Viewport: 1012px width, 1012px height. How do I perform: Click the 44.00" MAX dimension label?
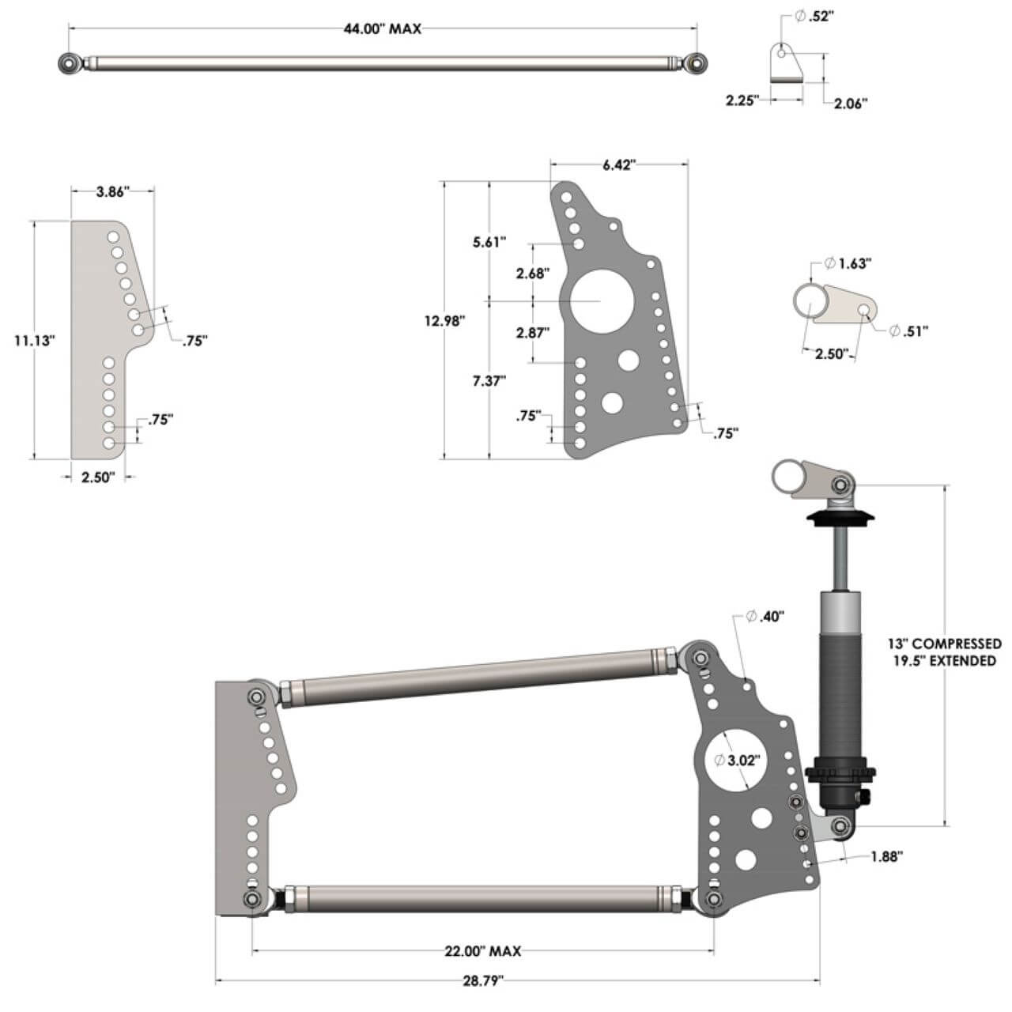point(382,29)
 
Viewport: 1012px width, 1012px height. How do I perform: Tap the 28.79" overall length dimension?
point(483,981)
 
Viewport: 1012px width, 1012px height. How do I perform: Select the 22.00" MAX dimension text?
point(482,951)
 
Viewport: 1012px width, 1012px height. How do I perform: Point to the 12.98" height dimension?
point(444,321)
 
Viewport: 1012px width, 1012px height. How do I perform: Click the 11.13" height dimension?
point(34,341)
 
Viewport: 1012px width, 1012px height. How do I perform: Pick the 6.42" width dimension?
point(619,164)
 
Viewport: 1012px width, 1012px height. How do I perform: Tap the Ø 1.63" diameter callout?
point(847,263)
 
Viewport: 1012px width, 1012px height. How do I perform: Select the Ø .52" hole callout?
point(810,16)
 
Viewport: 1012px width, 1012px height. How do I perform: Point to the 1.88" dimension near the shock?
point(885,856)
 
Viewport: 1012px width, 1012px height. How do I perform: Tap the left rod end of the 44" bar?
point(70,62)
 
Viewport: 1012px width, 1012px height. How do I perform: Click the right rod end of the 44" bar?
point(696,62)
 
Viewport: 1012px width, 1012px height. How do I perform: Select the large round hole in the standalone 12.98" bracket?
point(598,301)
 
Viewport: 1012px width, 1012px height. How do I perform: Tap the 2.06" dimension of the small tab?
point(850,103)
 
